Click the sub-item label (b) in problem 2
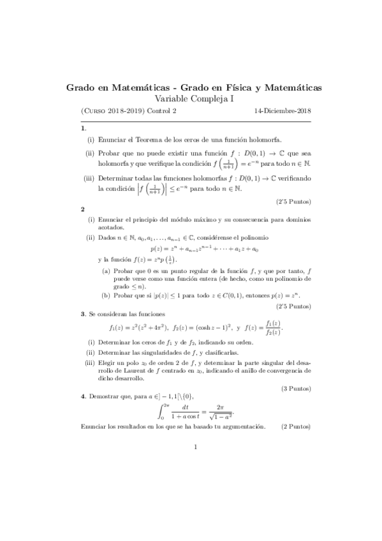click(x=106, y=295)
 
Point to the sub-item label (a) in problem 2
click(x=106, y=271)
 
